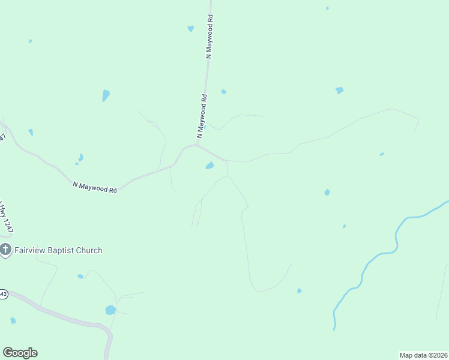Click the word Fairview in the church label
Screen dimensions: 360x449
(x=30, y=250)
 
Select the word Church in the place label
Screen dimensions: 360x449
(x=89, y=250)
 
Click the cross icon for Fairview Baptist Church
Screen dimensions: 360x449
(x=5, y=250)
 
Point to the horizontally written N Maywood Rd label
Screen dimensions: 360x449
(x=95, y=188)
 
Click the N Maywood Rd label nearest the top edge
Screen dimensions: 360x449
(x=209, y=37)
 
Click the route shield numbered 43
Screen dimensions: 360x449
(x=3, y=294)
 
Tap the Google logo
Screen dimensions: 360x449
(x=20, y=353)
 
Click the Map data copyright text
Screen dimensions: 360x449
(x=423, y=355)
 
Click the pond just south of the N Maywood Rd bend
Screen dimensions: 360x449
(x=209, y=166)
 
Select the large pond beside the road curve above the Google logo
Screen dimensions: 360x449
(x=110, y=310)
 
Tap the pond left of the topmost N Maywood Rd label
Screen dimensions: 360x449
(x=191, y=28)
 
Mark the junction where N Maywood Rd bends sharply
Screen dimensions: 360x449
(x=197, y=145)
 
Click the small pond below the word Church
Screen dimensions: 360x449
(x=80, y=277)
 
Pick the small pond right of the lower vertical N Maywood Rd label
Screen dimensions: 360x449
(x=224, y=91)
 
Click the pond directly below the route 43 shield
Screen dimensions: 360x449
(x=13, y=320)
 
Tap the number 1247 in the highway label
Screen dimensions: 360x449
(x=8, y=223)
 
